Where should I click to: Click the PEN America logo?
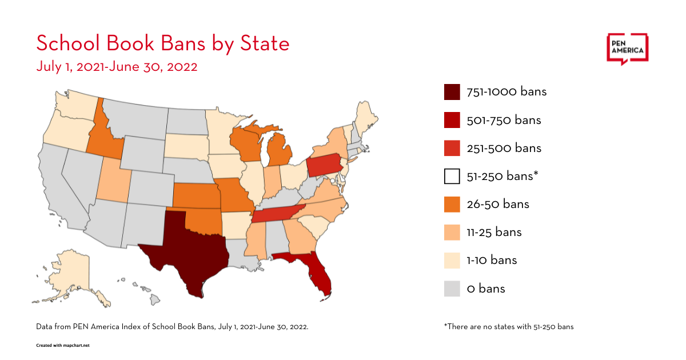[x=627, y=49]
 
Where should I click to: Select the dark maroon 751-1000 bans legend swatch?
[x=452, y=92]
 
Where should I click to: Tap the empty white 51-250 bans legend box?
[x=452, y=176]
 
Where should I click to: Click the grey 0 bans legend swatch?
[x=452, y=289]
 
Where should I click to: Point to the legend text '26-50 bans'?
[x=498, y=204]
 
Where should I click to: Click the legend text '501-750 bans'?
[x=504, y=120]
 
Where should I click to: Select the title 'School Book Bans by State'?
[x=163, y=43]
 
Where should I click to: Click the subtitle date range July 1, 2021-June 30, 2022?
[x=117, y=66]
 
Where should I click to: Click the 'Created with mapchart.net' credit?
[x=63, y=346]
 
